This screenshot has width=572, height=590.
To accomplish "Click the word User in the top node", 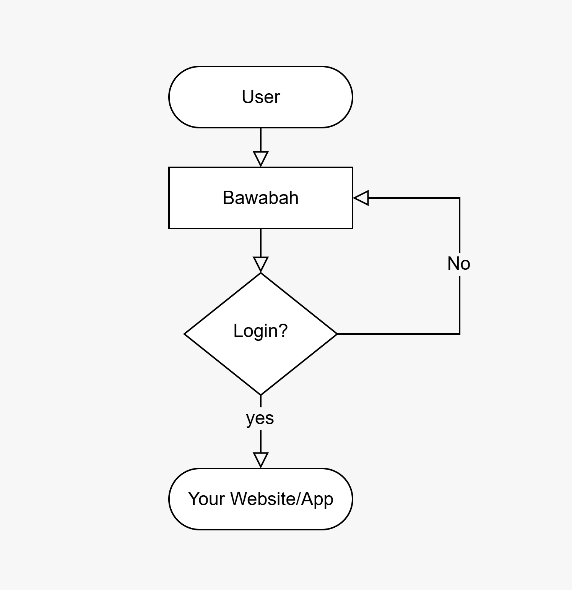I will (261, 97).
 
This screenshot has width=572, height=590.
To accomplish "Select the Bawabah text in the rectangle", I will (261, 198).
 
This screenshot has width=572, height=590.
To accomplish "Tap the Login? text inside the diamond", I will (260, 331).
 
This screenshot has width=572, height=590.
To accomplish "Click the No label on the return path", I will (459, 264).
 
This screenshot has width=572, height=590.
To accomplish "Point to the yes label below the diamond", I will (260, 418).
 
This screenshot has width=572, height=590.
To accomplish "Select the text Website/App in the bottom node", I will (282, 499).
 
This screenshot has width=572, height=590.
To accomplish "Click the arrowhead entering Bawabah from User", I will (261, 159).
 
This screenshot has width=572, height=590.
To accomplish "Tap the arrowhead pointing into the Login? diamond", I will (261, 264).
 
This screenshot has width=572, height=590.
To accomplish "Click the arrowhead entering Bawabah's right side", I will (361, 198).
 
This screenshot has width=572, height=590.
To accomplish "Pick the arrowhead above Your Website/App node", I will (261, 460).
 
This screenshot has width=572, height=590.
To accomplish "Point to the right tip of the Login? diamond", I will (337, 334).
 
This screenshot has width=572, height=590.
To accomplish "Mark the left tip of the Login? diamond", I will (185, 334).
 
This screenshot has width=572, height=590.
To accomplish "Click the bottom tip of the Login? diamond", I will (261, 395).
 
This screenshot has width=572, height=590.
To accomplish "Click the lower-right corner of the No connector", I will (459, 334).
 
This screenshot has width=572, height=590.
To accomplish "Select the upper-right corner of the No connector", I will (459, 198).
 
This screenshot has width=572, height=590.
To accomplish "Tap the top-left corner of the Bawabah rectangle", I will (169, 168).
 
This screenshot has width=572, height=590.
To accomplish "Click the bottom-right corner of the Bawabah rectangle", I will (352, 228).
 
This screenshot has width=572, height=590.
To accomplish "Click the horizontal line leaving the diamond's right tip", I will (398, 334).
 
